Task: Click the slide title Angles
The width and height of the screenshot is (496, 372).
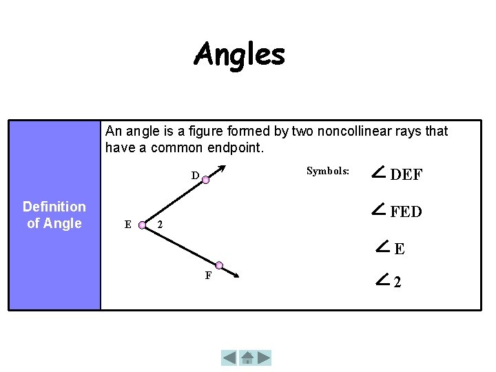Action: [x=239, y=54]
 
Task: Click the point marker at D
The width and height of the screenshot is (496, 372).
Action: [x=205, y=179]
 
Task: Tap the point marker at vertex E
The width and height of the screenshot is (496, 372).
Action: [x=142, y=224]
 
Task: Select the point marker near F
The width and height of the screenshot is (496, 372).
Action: [x=219, y=265]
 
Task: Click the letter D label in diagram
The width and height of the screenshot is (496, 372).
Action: [x=195, y=176]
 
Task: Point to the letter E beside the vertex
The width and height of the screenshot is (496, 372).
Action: [x=127, y=224]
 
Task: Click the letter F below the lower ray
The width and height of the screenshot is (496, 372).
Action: [x=208, y=276]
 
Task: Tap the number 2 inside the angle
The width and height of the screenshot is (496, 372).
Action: [x=160, y=225]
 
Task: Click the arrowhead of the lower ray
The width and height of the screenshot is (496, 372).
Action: [x=235, y=276]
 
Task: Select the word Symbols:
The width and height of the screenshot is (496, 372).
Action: [x=328, y=171]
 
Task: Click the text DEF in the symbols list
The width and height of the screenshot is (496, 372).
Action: [x=406, y=175]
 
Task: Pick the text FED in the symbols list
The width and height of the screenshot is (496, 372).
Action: [x=406, y=212]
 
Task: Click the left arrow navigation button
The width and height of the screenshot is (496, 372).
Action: [x=229, y=358]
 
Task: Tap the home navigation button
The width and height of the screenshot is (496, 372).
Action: [x=247, y=358]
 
